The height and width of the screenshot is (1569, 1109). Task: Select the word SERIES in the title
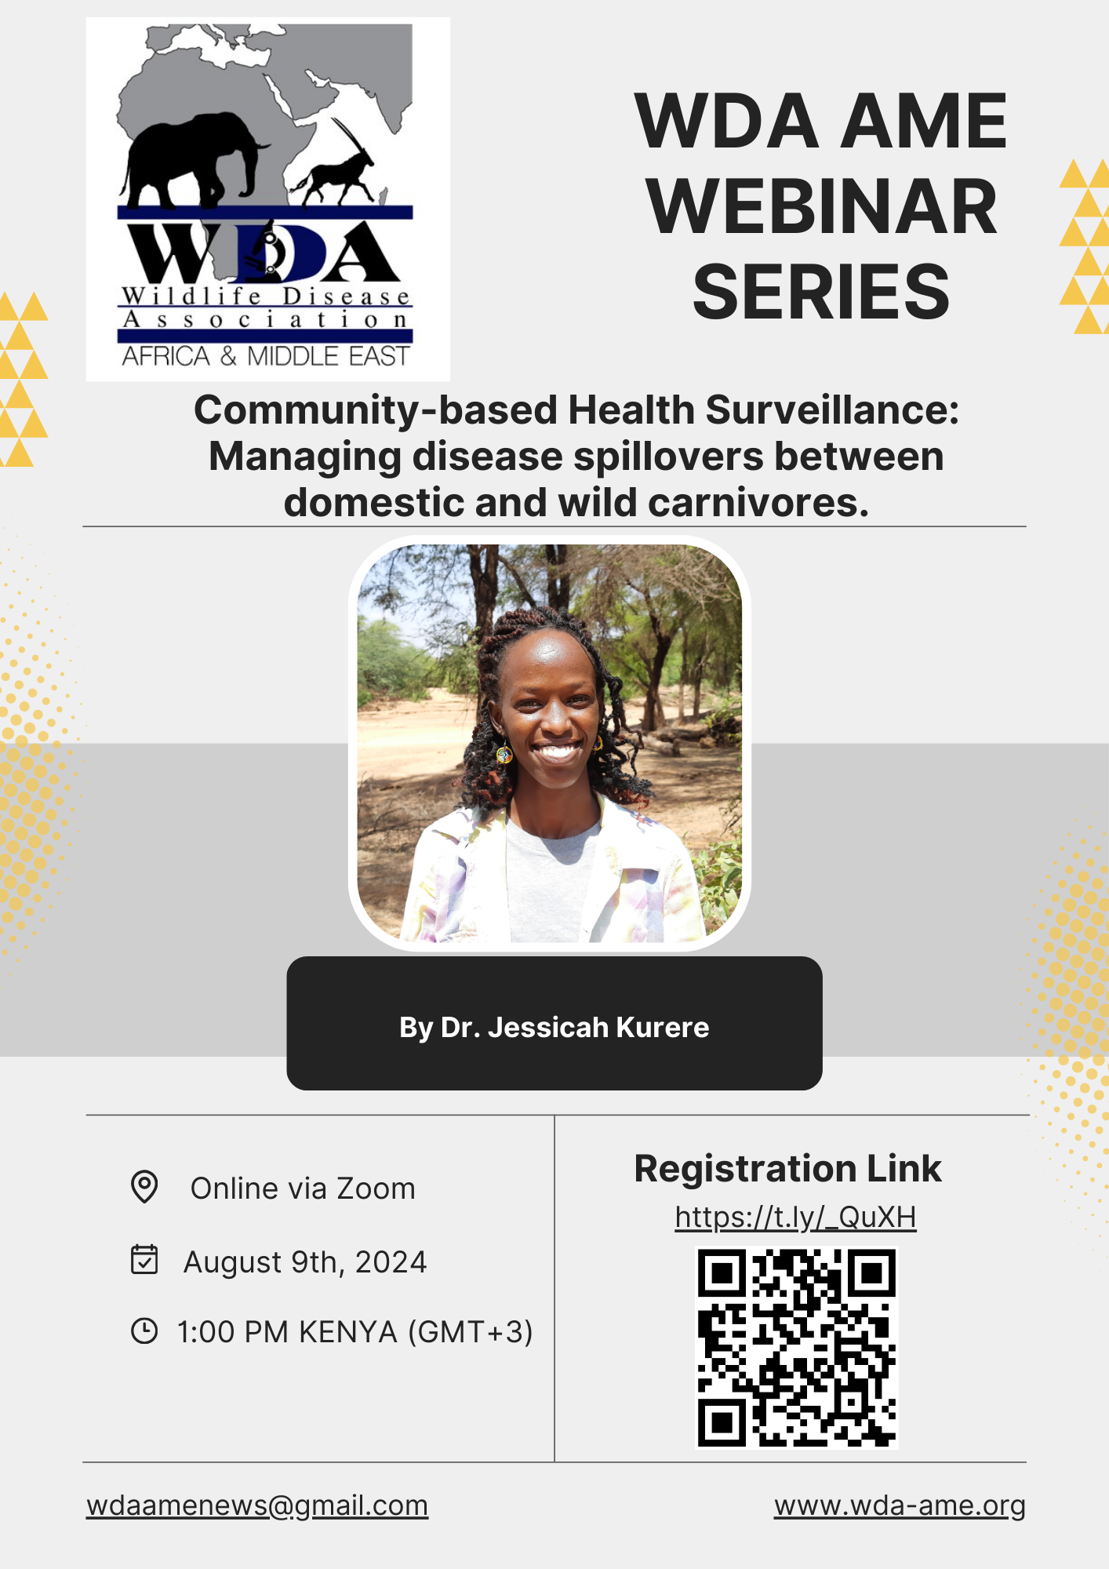821,292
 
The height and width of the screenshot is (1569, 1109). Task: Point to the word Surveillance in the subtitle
832,410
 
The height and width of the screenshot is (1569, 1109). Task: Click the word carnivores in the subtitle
758,502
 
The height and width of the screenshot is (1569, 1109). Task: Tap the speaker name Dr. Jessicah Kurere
575,1027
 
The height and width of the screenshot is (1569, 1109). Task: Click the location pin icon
144,1187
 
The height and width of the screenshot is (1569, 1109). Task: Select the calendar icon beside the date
144,1259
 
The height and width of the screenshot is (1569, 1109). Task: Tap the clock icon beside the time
144,1331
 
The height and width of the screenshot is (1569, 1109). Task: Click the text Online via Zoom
303,1189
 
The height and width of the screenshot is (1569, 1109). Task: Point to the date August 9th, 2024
305,1262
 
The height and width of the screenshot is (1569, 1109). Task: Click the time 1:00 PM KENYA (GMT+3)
355,1332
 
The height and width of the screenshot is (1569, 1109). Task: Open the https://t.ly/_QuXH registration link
796,1218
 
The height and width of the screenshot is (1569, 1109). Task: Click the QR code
797,1348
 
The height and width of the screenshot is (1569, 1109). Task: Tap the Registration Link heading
787,1169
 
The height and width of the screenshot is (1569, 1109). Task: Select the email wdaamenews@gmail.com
257,1505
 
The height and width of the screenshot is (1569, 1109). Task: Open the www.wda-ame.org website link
900,1505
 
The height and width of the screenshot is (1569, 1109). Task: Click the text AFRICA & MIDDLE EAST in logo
265,357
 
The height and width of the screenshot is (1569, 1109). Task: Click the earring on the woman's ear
504,754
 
